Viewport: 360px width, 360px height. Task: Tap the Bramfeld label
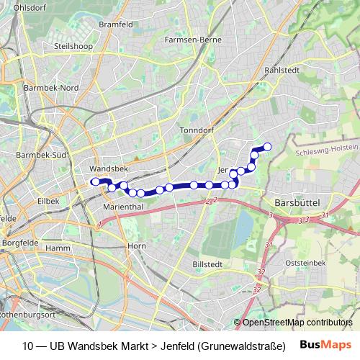pos(117,24)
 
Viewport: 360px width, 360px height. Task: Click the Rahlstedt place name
pos(282,71)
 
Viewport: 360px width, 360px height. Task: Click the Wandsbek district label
pos(108,167)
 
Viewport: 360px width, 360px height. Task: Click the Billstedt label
pos(209,264)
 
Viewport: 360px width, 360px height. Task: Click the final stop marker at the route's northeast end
pos(267,147)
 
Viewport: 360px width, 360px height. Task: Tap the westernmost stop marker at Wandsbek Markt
pos(94,182)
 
